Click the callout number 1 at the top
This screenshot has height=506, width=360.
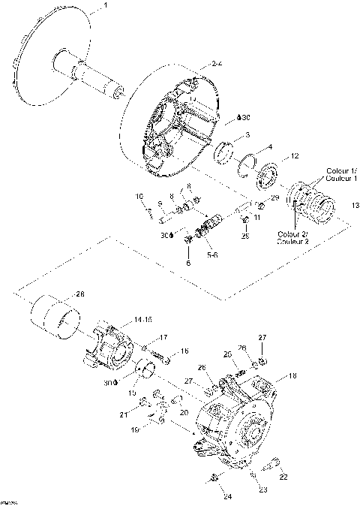pos(105,6)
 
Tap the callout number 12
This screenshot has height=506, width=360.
pos(295,156)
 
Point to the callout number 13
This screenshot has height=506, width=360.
pos(355,205)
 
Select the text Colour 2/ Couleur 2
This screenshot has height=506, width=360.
pos(292,237)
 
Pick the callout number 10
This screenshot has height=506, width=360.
pos(139,197)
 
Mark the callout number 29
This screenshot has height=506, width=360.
pos(274,197)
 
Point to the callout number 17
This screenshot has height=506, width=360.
pos(163,336)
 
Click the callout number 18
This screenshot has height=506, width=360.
pos(293,375)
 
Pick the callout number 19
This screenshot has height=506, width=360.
pos(135,431)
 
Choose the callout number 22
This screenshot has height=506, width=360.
pos(283,477)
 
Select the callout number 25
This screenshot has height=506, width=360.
pos(244,236)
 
